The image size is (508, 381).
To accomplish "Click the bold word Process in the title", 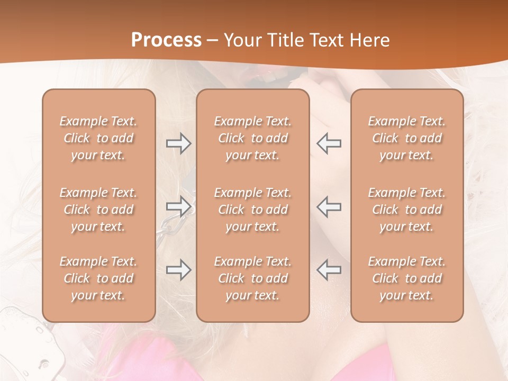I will coord(166,40).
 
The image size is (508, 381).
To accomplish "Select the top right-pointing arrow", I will coord(178,143).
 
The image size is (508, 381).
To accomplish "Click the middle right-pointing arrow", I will coord(178,206).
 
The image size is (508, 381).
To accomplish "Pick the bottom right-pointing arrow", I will coord(178,270).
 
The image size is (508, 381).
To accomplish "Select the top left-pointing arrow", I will coord(329,143).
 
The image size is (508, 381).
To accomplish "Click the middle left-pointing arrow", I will coord(329,206).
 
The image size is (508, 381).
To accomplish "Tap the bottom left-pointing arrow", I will coord(329,270).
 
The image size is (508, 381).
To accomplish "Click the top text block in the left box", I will coord(98,138).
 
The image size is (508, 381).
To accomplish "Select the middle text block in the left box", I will coord(98,210).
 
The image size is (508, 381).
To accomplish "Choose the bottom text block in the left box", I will coord(98,278).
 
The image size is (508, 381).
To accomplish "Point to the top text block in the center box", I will coord(253,138).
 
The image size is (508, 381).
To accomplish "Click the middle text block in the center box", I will coord(253,210).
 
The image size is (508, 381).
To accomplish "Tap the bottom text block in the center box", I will coord(253,278).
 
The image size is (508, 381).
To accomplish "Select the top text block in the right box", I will coord(407,138).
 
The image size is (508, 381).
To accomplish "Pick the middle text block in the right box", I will coord(407,210).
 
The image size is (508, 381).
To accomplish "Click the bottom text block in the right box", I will coord(407,278).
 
